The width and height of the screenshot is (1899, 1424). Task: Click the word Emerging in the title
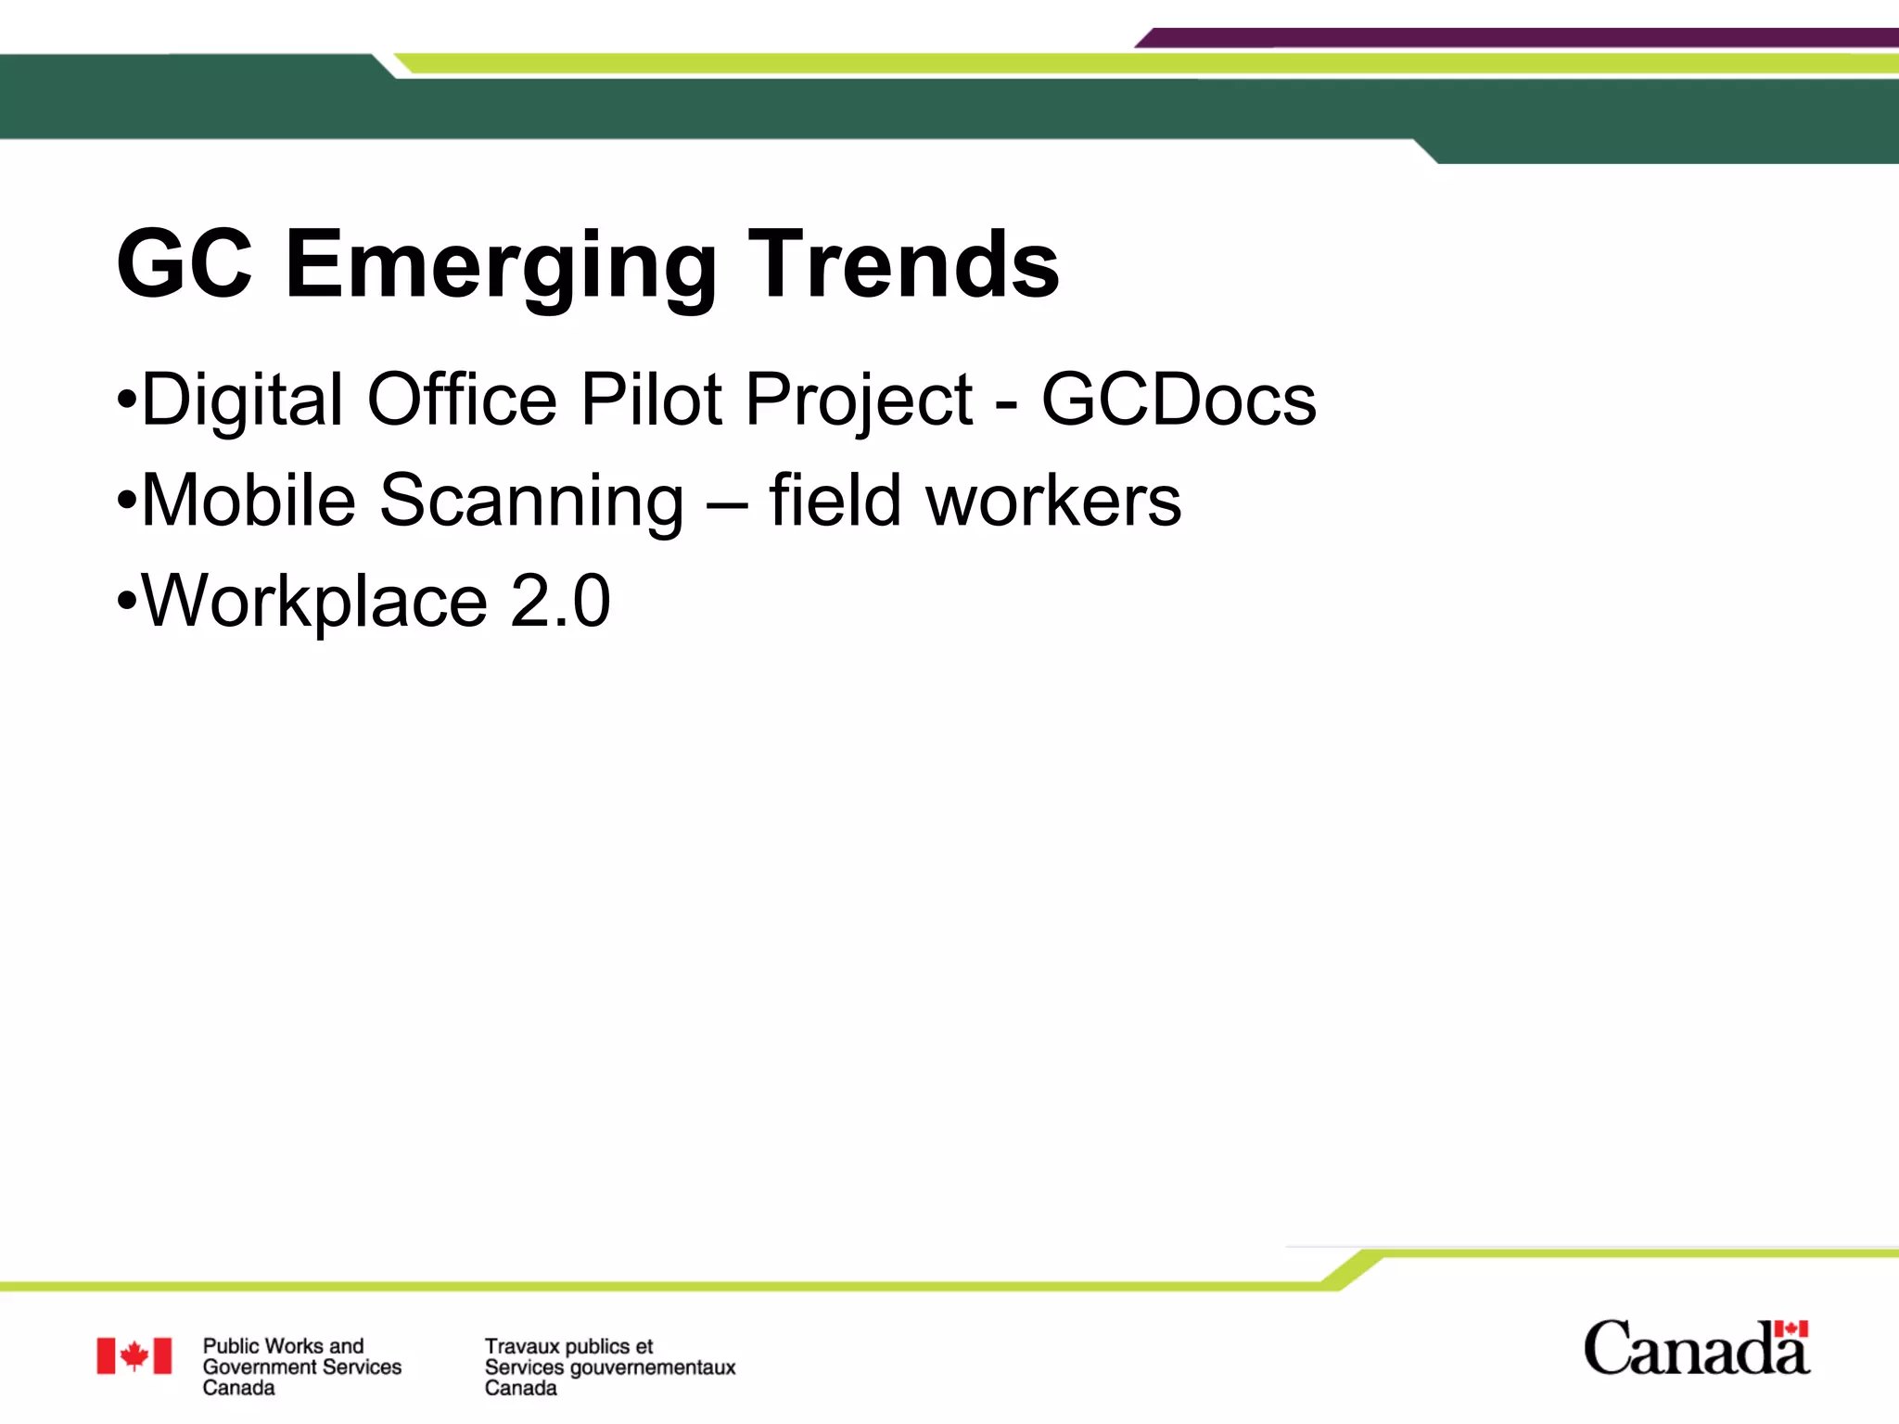(x=501, y=266)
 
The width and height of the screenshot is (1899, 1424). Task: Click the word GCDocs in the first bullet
(x=1179, y=400)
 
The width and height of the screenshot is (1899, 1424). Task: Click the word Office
(x=462, y=400)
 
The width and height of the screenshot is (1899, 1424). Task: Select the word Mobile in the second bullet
(x=248, y=501)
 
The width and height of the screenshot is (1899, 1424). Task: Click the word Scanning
(x=531, y=502)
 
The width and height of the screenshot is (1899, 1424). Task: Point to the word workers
(x=1053, y=501)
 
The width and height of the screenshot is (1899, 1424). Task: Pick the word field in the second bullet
(x=835, y=501)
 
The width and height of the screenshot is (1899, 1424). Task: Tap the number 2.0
(x=560, y=601)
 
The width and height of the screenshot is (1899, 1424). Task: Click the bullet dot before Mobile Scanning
(x=127, y=502)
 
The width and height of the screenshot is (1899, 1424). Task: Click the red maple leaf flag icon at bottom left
(x=134, y=1355)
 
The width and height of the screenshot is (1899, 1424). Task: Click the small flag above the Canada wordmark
(x=1791, y=1329)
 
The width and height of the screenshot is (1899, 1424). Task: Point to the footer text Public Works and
(x=283, y=1345)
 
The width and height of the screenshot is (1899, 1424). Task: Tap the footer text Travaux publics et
(x=568, y=1346)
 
